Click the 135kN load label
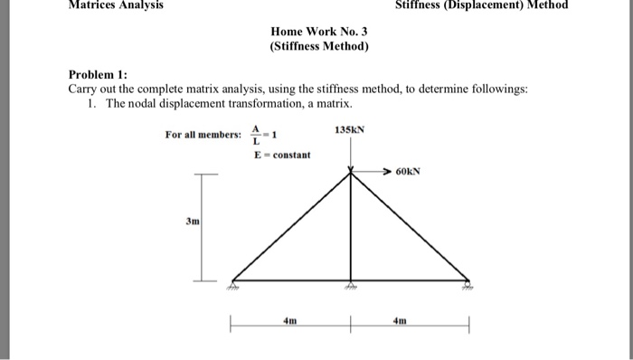pos(349,130)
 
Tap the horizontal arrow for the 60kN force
pos(373,170)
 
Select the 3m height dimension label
pos(192,221)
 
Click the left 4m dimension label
pos(289,320)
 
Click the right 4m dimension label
pos(409,320)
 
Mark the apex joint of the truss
pos(351,175)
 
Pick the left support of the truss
pos(232,283)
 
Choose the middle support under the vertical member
pos(351,283)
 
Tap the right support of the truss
pos(468,283)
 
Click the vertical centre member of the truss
pos(351,231)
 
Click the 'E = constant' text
pos(281,155)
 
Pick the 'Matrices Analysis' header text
pos(103,5)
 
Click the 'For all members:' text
pos(203,135)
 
